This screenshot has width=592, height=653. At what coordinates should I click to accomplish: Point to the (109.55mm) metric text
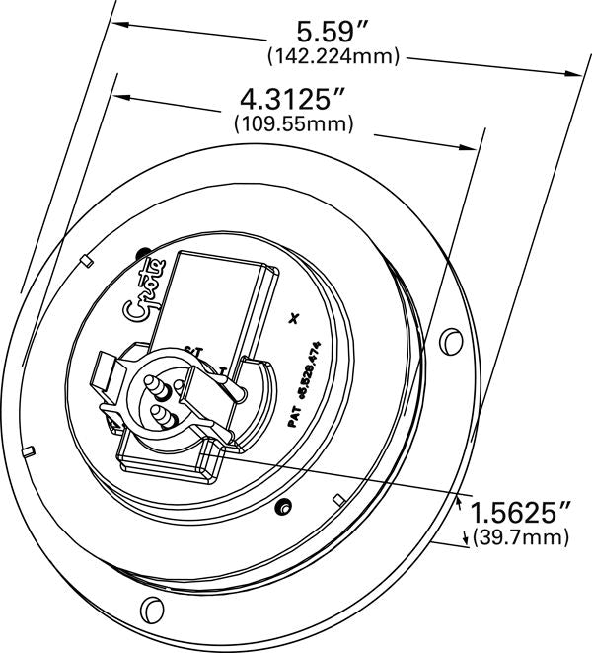pos(293,124)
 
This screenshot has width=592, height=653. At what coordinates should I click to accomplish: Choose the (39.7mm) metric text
pos(522,537)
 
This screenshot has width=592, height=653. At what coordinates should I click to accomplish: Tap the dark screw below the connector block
pos(285,508)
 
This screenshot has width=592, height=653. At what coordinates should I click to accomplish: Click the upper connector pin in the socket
pos(158,381)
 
